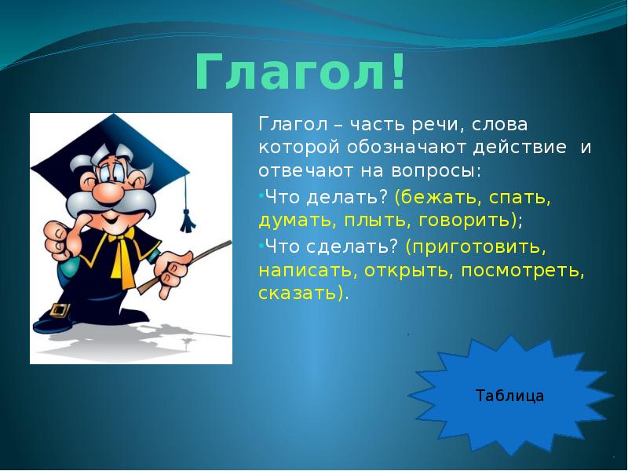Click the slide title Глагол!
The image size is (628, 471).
(x=301, y=72)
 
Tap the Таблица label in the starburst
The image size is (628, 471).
(x=509, y=396)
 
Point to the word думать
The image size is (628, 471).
(x=293, y=221)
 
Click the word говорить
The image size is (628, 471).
(x=466, y=221)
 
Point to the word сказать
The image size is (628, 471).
(x=300, y=294)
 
